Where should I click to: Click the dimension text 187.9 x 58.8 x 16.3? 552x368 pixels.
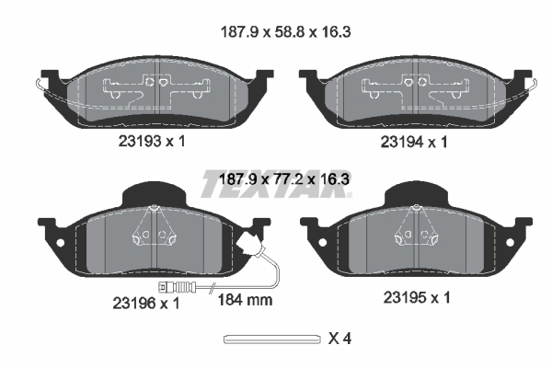click(x=285, y=32)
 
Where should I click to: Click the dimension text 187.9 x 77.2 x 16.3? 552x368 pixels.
click(x=284, y=179)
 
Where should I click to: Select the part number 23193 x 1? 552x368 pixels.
click(x=152, y=142)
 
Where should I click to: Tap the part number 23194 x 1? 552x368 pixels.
click(x=414, y=143)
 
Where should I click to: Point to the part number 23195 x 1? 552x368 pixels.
click(x=417, y=298)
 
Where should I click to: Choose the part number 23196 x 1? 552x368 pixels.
click(x=146, y=303)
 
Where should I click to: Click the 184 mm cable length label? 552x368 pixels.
click(x=246, y=300)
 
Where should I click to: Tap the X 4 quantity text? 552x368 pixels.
click(x=339, y=339)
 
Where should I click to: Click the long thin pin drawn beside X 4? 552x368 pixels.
click(x=272, y=339)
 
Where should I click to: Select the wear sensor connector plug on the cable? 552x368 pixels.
click(x=176, y=287)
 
